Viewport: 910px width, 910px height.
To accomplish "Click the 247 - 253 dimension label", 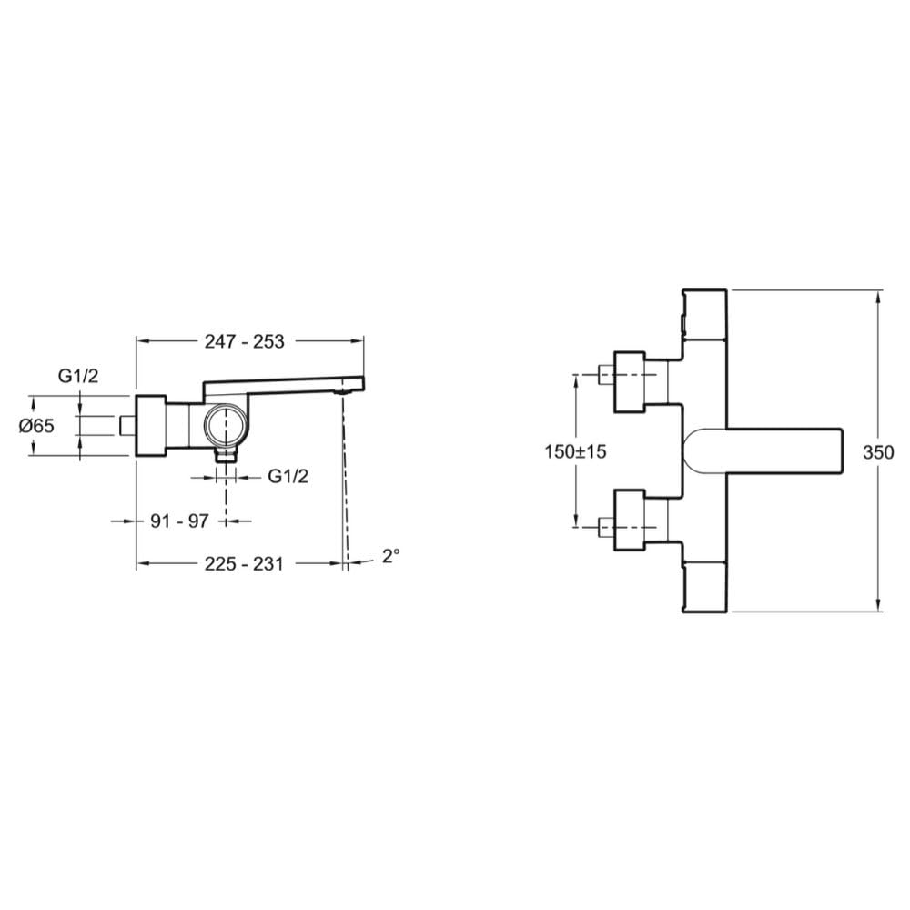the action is (x=244, y=341).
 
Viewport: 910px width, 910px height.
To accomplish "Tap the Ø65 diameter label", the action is (x=36, y=426).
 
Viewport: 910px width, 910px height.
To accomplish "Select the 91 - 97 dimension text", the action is (x=179, y=521).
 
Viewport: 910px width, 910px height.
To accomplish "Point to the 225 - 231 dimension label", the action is (x=244, y=563).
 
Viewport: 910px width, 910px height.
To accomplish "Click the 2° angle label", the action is (x=391, y=555).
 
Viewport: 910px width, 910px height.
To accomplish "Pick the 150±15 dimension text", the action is (x=575, y=451).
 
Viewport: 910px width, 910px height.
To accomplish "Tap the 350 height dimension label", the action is (x=878, y=452).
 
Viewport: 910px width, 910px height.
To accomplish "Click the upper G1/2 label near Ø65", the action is (x=78, y=376).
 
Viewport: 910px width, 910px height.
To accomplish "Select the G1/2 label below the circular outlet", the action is (x=288, y=477).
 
